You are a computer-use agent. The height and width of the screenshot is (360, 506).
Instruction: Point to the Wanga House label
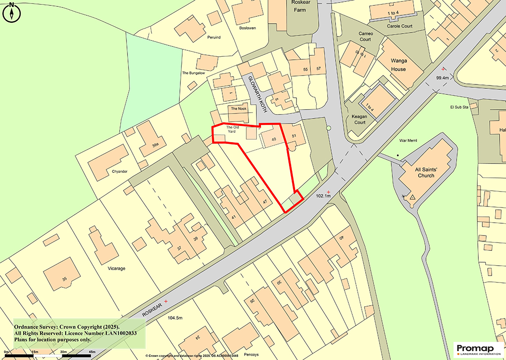(398, 65)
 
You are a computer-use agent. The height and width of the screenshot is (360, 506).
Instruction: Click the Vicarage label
(116, 269)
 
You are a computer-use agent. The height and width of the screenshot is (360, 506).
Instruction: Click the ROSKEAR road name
(152, 310)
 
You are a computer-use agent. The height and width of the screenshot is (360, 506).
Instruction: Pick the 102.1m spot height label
(323, 196)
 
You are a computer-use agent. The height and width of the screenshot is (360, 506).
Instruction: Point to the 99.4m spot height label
(442, 78)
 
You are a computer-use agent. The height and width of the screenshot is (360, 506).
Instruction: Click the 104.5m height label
(175, 318)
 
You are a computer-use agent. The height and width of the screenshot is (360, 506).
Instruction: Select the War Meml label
(408, 141)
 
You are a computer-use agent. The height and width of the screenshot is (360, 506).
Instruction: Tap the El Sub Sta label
(458, 107)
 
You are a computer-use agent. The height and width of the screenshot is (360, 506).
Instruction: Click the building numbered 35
(64, 280)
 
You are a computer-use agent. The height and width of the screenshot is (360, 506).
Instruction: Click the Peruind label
(213, 38)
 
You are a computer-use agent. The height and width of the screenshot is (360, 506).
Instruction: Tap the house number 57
(319, 68)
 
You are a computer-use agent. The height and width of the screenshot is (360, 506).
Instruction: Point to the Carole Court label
(400, 26)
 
